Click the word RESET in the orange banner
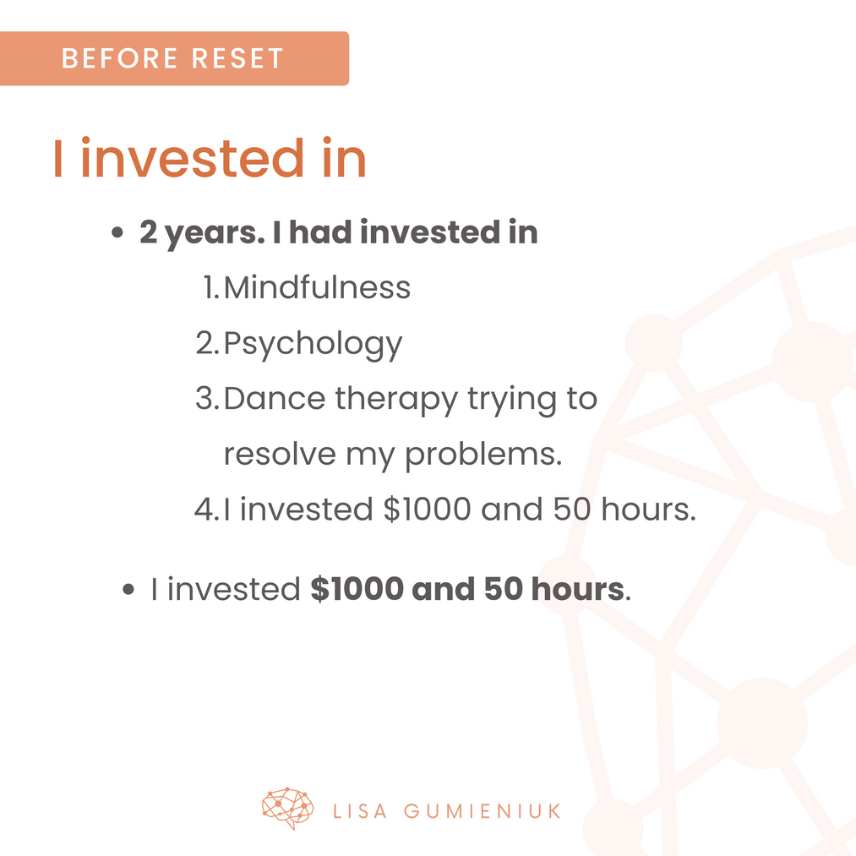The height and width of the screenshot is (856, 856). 237,58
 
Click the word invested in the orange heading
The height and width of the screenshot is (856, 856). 193,158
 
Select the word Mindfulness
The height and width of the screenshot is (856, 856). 317,287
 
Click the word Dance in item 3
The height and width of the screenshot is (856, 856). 274,398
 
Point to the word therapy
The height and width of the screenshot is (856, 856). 396,401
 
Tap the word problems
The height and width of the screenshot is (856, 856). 483,455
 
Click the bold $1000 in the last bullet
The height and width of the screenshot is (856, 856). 357,588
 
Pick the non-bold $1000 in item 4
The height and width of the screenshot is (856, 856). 428,509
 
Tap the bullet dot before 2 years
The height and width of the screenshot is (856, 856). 117,232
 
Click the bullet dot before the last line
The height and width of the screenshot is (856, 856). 128,590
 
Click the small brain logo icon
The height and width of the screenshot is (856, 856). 287,808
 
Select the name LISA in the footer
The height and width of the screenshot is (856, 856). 360,811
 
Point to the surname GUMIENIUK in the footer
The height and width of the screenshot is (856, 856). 483,811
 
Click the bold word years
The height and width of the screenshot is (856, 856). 215,234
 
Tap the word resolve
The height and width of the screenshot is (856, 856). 280,455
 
